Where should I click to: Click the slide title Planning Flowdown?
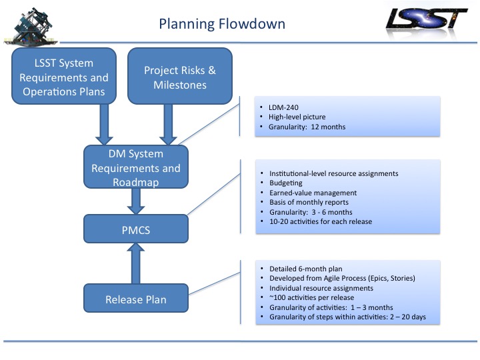[222, 25]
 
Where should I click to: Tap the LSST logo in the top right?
[427, 19]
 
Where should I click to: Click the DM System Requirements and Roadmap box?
[135, 169]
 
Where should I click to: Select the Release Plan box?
[135, 299]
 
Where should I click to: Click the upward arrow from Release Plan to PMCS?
[135, 263]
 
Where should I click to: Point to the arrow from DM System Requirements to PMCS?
[135, 201]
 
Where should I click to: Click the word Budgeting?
[286, 183]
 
